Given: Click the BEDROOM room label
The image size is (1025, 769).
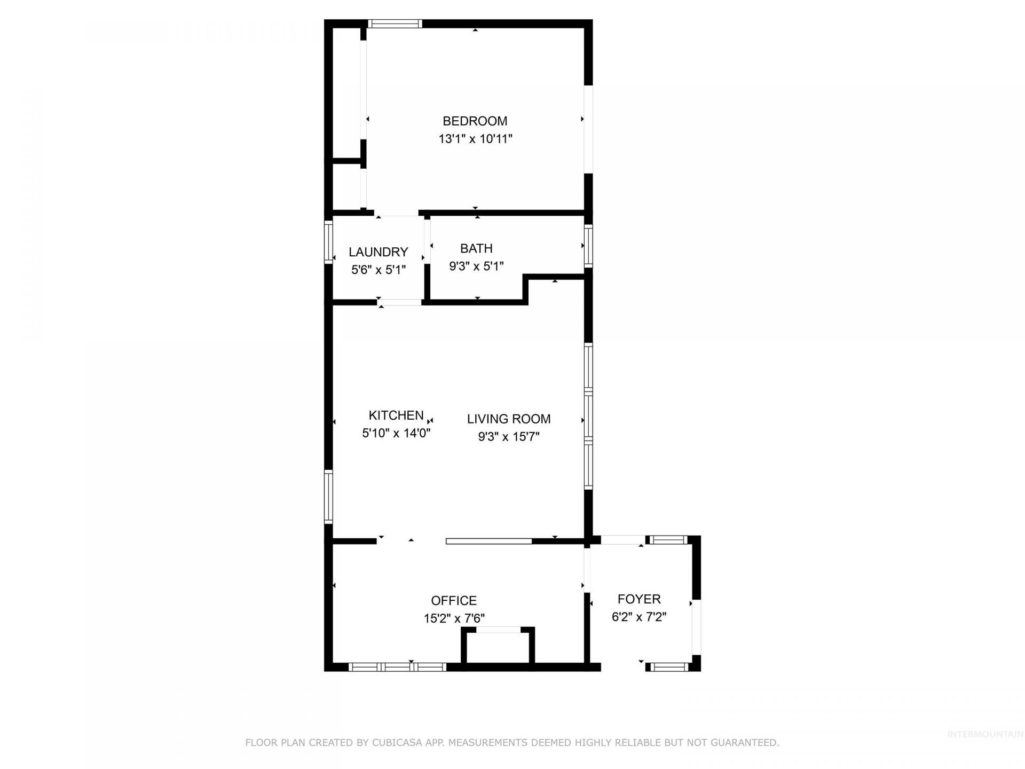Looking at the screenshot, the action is coord(475,121).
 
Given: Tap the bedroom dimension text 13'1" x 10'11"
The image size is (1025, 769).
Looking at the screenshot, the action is coord(475,139).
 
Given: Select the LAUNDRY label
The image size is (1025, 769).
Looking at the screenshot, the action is coord(378,252).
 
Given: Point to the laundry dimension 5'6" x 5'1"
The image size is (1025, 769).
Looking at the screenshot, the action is coord(378,270).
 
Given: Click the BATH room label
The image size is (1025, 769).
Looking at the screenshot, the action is coord(476,248).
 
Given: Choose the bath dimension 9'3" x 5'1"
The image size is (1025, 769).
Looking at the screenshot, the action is coord(476,266).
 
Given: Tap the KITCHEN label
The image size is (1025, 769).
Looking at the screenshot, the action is coord(396,415).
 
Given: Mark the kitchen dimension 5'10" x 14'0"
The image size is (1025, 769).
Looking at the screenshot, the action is coord(396,433).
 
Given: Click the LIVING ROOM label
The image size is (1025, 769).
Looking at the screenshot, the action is coord(509,419).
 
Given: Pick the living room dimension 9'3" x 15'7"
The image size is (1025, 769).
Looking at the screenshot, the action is coord(509,437).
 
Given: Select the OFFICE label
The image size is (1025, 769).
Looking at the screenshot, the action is coord(454,600).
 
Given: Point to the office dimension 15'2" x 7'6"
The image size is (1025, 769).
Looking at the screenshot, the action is coord(454,618).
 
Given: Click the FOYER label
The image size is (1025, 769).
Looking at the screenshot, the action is coord(639,599).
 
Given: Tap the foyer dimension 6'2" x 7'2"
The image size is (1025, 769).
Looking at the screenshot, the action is coord(639,617).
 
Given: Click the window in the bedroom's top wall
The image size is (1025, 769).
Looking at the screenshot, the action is coord(395,23).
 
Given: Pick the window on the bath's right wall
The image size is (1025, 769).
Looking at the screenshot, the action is coord(588,246).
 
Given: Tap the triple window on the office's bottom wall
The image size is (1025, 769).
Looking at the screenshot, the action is coord(397,666).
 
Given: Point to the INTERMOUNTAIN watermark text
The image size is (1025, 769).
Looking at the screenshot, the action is coord(985,734).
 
